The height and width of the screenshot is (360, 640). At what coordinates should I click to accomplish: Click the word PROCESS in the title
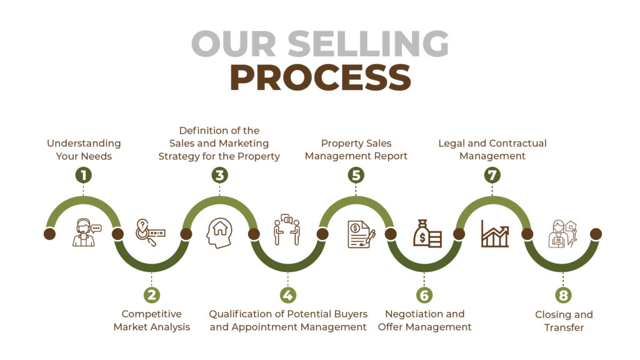[x=321, y=77]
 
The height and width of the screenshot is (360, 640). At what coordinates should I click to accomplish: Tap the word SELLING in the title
[x=367, y=44]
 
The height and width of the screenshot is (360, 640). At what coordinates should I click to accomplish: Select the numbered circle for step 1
[x=83, y=175]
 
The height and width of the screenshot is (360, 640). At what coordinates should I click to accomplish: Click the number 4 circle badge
[x=287, y=295]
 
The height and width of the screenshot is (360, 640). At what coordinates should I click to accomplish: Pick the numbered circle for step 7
[x=492, y=175]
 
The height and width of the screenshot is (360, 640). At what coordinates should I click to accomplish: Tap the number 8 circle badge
[x=563, y=295]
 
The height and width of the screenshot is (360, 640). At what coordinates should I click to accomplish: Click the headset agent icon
[x=86, y=232]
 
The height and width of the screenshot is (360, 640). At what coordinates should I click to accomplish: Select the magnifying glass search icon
[x=150, y=232]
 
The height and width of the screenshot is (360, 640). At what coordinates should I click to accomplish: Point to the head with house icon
[x=219, y=233]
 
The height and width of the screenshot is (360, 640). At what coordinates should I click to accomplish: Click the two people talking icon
[x=287, y=229]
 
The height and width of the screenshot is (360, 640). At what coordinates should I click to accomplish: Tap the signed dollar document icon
[x=361, y=234]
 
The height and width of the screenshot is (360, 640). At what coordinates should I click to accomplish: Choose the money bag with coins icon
[x=427, y=234]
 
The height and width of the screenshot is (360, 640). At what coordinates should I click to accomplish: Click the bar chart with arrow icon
[x=495, y=234]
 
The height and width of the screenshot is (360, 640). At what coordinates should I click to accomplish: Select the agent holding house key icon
[x=563, y=234]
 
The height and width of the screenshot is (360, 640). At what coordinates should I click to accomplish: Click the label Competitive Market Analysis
[x=152, y=321]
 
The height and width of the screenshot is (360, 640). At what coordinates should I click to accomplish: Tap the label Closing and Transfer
[x=564, y=321]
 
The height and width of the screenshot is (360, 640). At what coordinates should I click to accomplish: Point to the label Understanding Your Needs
[x=84, y=150]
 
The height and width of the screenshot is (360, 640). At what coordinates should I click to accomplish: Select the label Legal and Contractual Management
[x=492, y=149]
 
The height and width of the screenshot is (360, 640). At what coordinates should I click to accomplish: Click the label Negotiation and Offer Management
[x=424, y=321]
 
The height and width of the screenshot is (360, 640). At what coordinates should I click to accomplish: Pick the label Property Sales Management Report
[x=356, y=149]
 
